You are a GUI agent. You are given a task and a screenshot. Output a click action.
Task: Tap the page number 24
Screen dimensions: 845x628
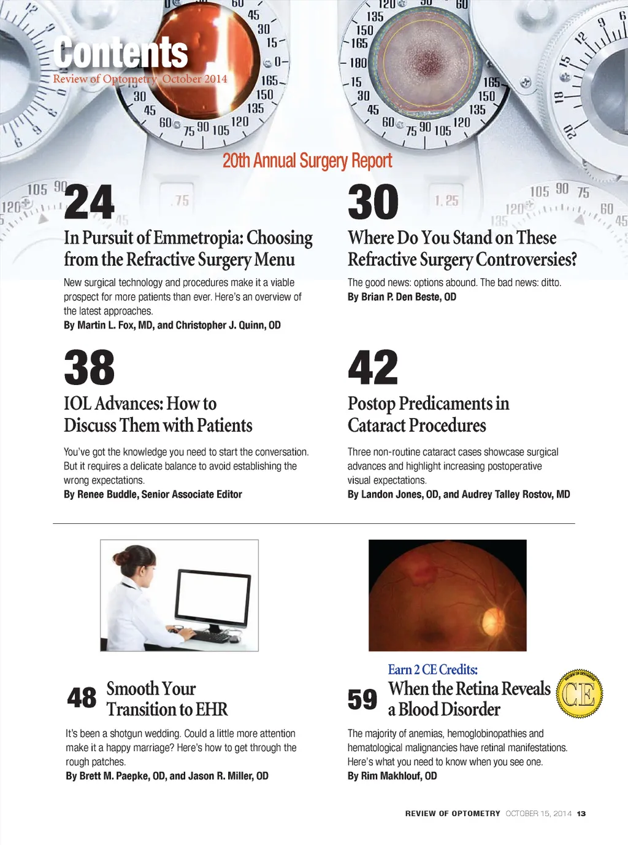(90, 202)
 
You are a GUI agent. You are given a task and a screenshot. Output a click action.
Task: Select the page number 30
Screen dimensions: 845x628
(373, 202)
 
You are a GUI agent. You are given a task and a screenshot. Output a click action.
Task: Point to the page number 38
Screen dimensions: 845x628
(90, 367)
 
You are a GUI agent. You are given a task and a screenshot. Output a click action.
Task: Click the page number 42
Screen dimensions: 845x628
(373, 367)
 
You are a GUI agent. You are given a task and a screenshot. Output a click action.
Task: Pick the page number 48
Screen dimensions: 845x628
(82, 698)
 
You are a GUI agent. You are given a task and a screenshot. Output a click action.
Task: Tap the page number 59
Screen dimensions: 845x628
(362, 699)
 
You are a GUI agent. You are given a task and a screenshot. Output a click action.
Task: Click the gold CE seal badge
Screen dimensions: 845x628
(579, 694)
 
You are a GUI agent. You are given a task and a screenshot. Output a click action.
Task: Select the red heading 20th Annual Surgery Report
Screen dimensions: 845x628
(307, 161)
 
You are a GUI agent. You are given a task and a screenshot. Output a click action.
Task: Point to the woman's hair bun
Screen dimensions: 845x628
(118, 558)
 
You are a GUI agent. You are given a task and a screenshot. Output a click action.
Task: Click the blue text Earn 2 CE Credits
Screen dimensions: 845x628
(432, 669)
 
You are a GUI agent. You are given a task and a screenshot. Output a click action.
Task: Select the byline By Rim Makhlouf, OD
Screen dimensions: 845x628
(392, 776)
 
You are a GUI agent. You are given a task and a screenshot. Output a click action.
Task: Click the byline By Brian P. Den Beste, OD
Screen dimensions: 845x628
(402, 297)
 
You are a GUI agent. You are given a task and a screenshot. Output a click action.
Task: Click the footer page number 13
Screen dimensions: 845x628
(581, 814)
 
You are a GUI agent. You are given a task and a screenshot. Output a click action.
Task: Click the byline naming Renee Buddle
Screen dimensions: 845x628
(153, 494)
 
